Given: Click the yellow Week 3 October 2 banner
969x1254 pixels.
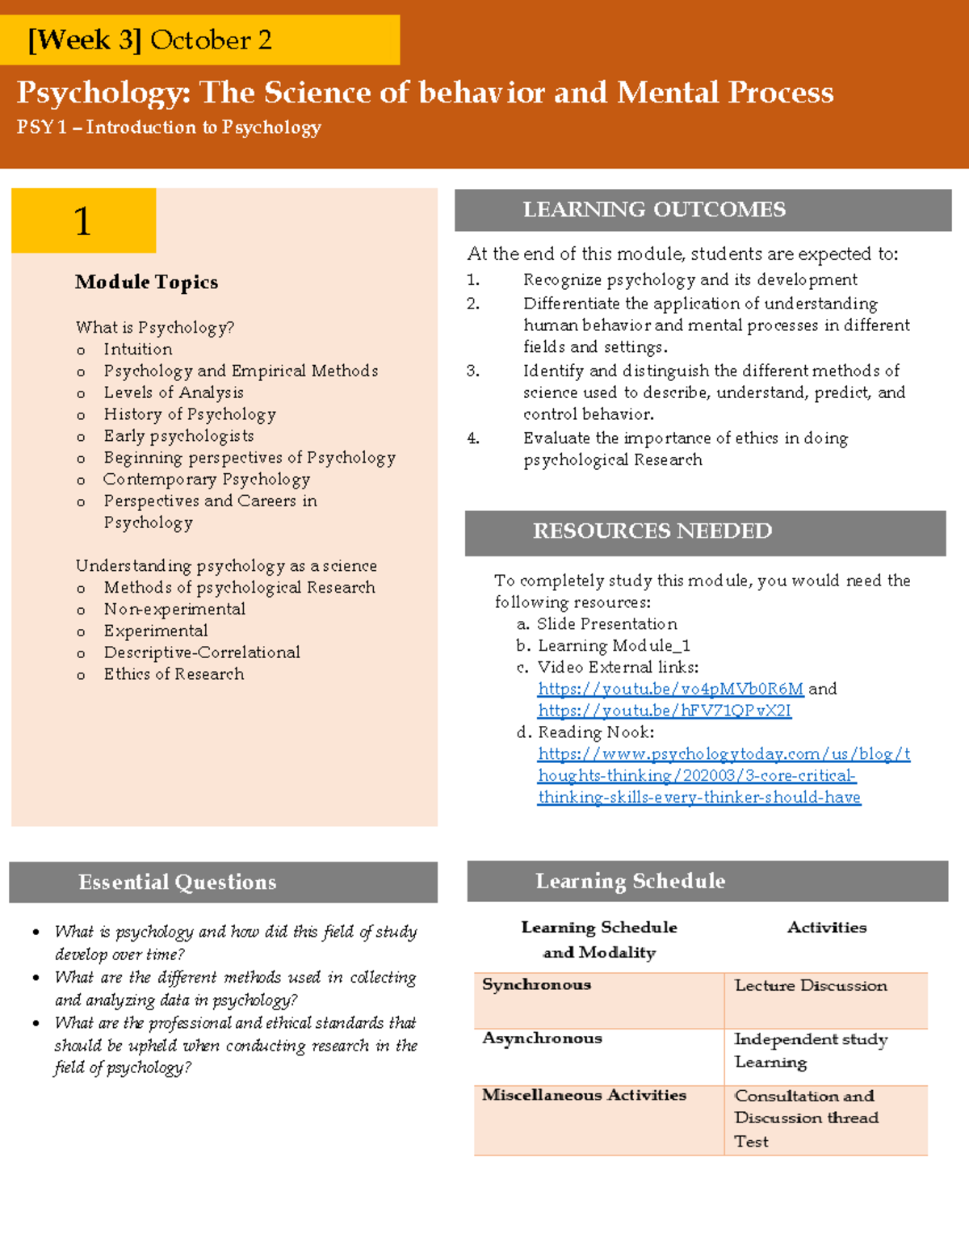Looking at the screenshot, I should click(199, 40).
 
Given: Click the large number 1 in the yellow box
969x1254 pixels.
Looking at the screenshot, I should click(82, 221).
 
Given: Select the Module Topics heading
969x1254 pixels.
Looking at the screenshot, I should click(146, 282).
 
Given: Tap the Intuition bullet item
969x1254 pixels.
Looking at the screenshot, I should click(137, 349).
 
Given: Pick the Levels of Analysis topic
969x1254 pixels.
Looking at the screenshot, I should click(173, 392).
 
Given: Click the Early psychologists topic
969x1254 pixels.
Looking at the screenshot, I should click(178, 436).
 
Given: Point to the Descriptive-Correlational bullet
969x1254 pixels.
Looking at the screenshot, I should click(201, 652).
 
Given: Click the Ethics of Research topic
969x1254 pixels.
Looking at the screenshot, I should click(174, 674).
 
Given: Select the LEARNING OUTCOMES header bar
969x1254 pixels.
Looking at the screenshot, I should click(703, 210).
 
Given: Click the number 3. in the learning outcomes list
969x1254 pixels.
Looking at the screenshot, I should click(473, 371).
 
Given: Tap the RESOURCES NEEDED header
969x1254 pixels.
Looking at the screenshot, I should click(704, 531).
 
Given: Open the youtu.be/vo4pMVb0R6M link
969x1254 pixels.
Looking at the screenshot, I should click(670, 689).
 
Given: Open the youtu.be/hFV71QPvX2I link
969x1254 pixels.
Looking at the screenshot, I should click(664, 711).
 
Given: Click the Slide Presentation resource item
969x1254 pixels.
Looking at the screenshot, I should click(606, 624).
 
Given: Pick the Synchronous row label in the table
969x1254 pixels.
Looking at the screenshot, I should click(536, 984).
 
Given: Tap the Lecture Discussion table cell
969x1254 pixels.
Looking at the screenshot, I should click(810, 985).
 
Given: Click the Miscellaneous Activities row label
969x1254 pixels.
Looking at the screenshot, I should click(584, 1095).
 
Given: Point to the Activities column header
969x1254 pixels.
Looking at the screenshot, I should click(826, 927).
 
